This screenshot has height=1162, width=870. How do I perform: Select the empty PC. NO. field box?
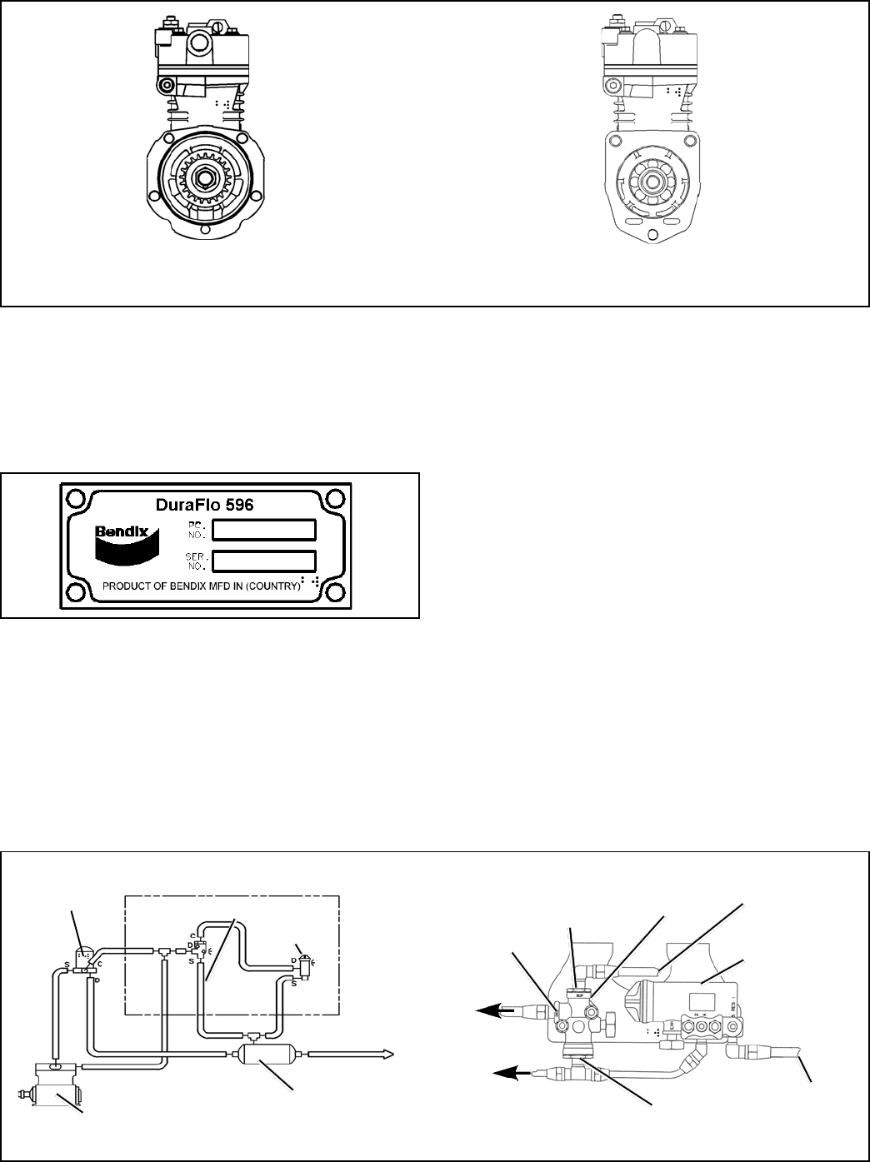coord(263,530)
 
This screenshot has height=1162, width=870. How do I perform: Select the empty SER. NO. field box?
coord(263,560)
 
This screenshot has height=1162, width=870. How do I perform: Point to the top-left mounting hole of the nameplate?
coord(77,498)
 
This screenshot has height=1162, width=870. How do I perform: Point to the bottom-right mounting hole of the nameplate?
coord(336,592)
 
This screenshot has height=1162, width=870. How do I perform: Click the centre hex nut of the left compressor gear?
coord(203,178)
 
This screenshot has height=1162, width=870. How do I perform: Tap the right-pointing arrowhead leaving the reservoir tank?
coord(386,1055)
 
